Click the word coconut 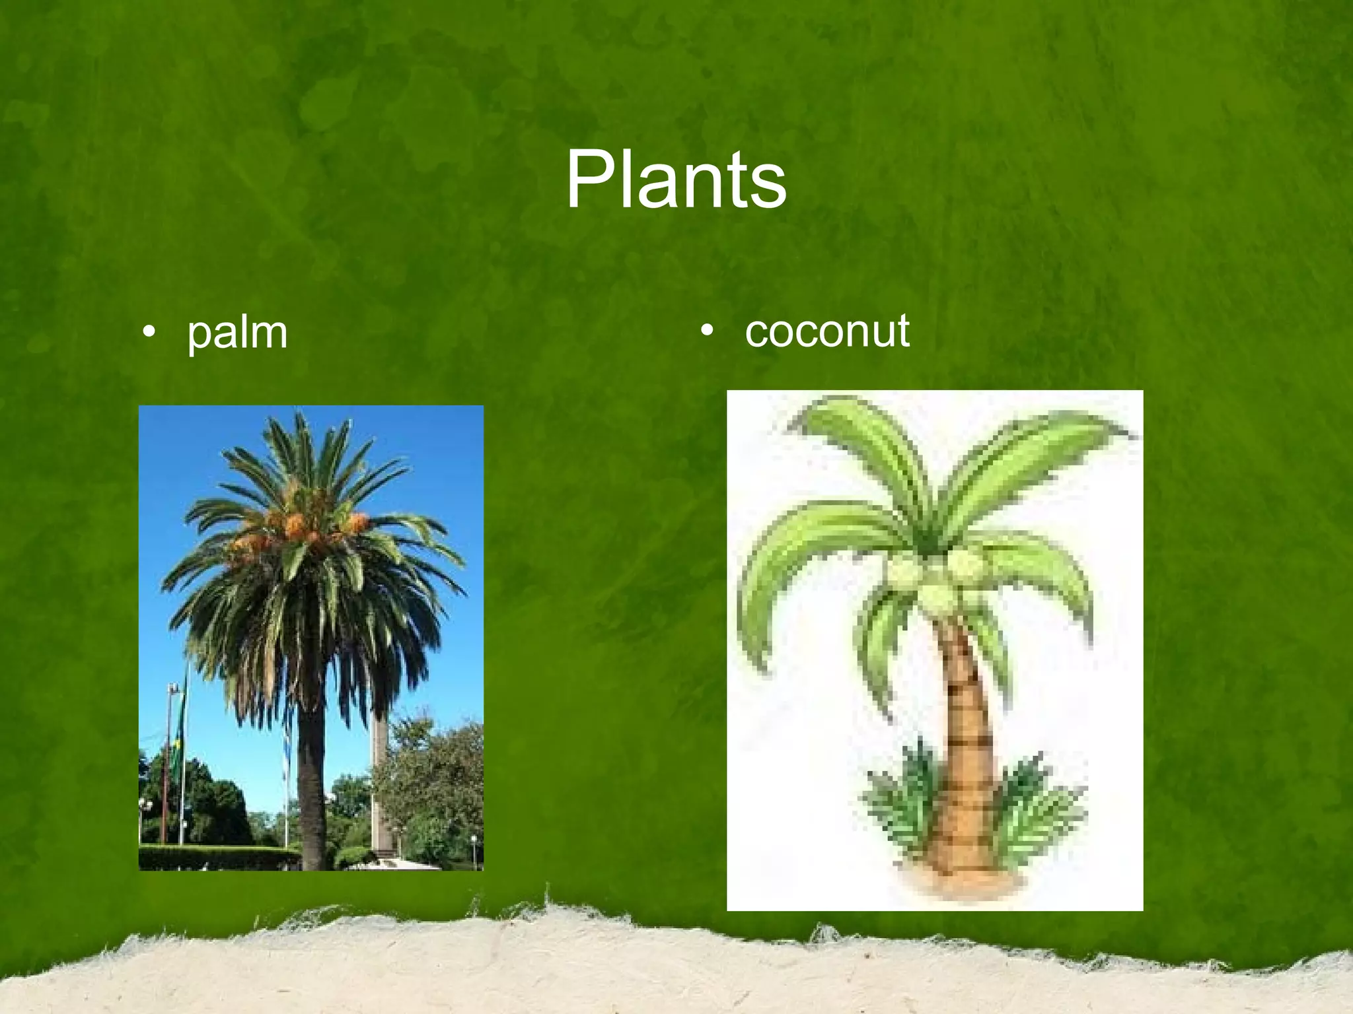pos(826,331)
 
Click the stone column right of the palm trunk pos(382,779)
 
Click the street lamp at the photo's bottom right pos(473,848)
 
